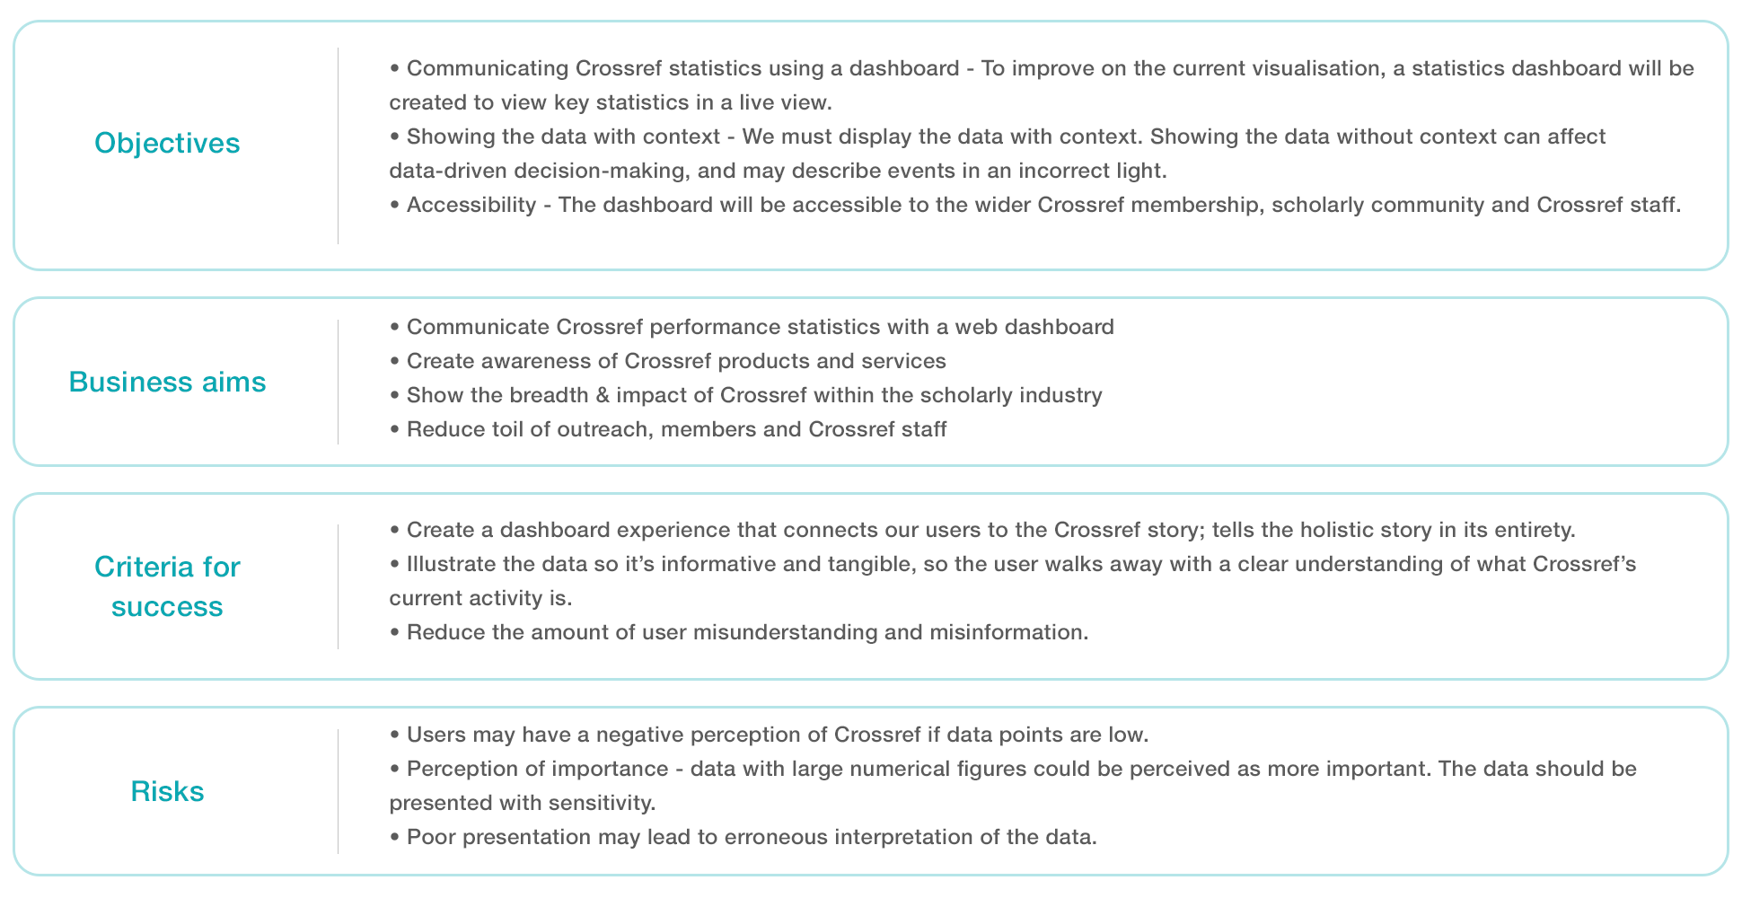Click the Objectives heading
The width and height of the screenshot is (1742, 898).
click(167, 144)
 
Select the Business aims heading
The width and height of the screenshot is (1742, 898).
click(167, 383)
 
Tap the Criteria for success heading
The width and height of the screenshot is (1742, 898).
click(167, 586)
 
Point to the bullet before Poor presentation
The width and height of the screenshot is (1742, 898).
click(394, 837)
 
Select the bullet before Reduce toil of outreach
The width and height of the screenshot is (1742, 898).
click(394, 429)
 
